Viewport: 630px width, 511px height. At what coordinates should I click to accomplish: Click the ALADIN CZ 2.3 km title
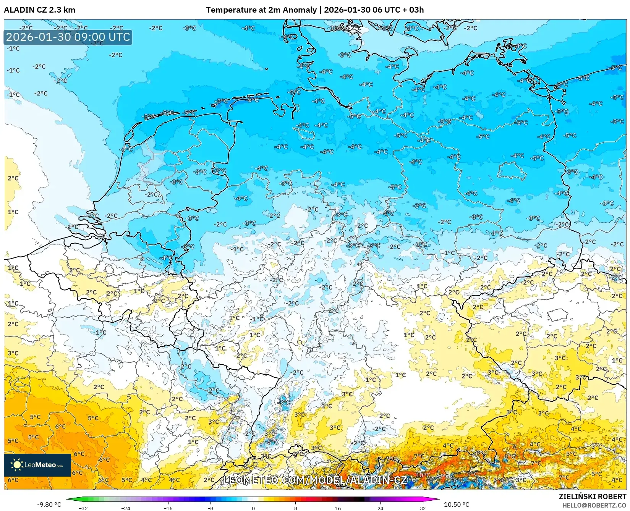[39, 10]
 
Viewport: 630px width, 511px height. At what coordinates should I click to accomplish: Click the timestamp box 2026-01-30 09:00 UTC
[68, 37]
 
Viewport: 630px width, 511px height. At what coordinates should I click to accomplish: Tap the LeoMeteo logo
[37, 465]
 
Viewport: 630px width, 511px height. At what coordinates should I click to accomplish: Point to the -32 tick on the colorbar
[83, 508]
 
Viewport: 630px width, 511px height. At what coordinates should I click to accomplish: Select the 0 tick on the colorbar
[253, 508]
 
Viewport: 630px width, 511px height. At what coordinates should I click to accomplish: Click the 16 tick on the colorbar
[338, 508]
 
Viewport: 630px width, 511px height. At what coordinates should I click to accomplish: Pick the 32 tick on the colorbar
[423, 508]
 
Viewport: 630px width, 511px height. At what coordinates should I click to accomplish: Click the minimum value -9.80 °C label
[49, 505]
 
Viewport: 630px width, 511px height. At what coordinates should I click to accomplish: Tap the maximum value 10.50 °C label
[457, 505]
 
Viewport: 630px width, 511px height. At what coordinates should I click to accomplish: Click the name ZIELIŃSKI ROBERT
[593, 496]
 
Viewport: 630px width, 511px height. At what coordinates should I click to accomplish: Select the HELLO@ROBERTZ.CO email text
[594, 505]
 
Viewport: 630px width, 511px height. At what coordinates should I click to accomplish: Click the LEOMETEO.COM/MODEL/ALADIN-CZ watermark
[315, 480]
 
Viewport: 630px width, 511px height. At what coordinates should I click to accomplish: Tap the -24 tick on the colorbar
[125, 508]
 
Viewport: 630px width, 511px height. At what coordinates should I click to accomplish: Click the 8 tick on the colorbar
[295, 508]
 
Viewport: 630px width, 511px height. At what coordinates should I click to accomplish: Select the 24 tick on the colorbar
[380, 508]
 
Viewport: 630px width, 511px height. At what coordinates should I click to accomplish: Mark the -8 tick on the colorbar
[211, 508]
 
